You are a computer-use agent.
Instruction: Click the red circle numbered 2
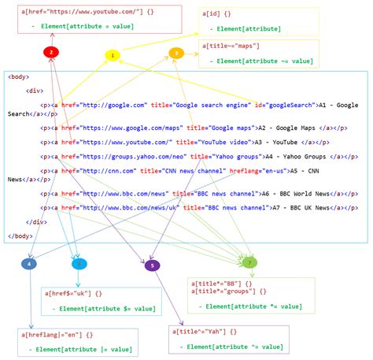[x=50, y=52]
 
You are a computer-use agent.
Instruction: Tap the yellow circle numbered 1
[x=113, y=55]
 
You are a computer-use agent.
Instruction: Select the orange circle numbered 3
[x=177, y=53]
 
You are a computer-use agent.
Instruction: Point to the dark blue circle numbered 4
[x=29, y=264]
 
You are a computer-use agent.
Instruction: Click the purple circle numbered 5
[x=152, y=265]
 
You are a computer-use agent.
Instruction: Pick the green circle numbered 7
[x=249, y=262]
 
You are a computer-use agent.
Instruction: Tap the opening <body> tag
[x=19, y=77]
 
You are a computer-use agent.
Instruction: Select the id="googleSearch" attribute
[x=283, y=104]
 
